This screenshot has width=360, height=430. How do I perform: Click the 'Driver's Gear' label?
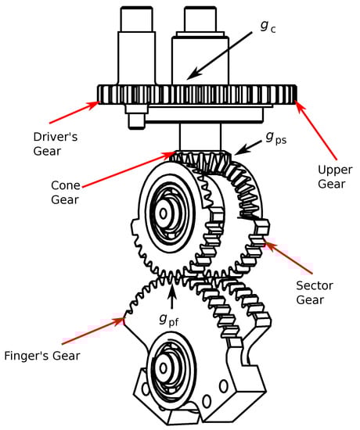56,144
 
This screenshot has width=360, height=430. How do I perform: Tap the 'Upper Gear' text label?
335,177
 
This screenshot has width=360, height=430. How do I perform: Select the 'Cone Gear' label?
66,192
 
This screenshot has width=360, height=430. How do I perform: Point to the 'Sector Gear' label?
315,293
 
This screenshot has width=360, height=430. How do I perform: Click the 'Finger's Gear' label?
42,356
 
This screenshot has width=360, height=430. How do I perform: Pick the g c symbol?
268,27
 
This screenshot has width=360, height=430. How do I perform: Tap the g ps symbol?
275,138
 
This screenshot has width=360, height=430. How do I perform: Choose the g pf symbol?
169,320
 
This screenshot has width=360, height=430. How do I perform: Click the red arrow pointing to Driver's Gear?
74,113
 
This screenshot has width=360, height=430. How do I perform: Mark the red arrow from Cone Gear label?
128,170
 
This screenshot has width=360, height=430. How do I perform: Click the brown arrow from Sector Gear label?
288,256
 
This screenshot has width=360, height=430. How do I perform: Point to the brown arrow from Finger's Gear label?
94,330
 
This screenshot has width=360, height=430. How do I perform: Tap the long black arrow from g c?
220,56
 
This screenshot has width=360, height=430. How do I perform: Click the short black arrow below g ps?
249,147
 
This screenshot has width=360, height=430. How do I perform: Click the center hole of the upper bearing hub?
163,213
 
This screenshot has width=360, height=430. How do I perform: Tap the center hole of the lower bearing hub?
164,368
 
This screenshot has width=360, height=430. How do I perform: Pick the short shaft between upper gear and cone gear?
200,137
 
